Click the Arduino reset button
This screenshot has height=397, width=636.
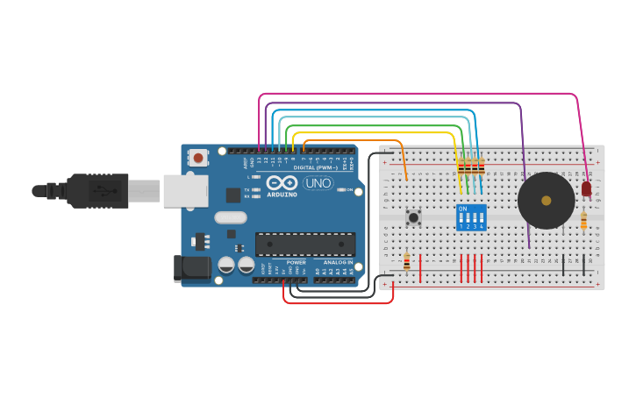click(198, 159)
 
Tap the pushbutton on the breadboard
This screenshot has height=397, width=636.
click(412, 216)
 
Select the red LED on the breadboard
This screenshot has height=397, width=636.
click(586, 188)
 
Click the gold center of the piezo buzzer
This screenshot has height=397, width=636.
click(546, 201)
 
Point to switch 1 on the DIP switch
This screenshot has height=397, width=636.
click(461, 217)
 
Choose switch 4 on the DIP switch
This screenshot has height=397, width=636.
click(482, 217)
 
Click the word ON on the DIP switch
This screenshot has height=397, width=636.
click(462, 209)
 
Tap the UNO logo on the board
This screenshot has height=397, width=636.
click(317, 183)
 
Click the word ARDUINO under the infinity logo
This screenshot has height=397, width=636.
click(282, 194)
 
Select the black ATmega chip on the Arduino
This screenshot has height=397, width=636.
click(305, 245)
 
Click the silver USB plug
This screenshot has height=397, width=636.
click(145, 190)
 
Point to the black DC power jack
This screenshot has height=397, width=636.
click(194, 269)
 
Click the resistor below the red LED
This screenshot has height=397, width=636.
click(583, 222)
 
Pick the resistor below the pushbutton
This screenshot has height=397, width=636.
click(406, 261)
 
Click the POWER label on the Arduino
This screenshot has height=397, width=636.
click(296, 262)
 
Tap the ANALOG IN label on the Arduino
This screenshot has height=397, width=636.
click(337, 262)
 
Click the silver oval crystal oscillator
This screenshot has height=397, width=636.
click(230, 218)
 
